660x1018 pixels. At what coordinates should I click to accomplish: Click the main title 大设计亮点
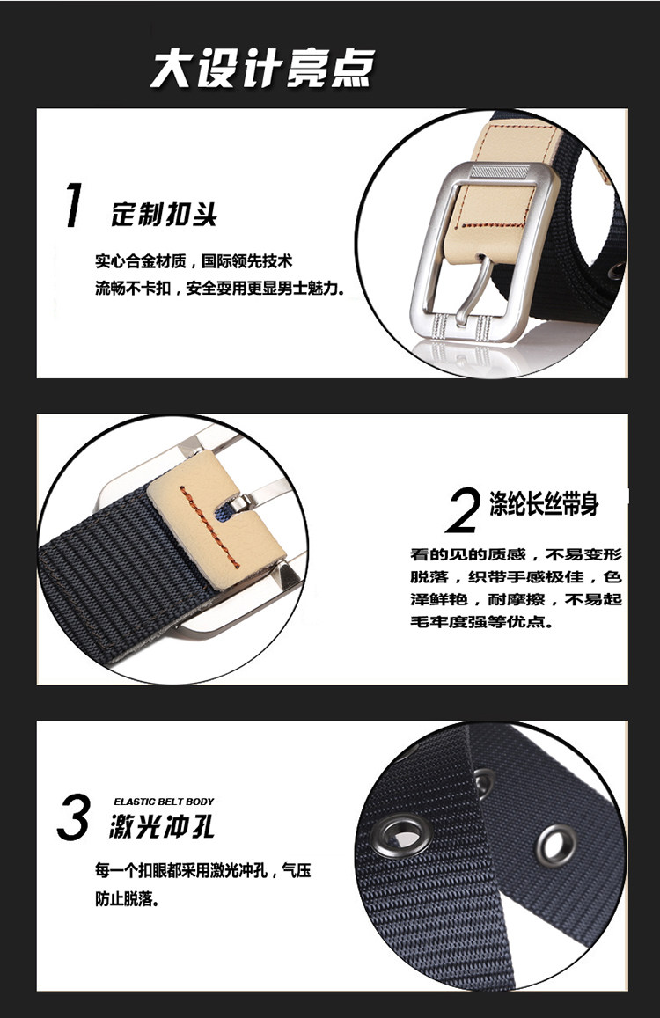point(263,68)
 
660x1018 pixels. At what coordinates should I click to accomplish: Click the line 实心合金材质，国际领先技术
point(194,261)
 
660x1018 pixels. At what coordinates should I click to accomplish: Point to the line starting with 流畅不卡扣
point(220,288)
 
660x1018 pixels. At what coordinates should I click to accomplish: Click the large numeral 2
point(464,509)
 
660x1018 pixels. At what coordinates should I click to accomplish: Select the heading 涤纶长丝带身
point(545,504)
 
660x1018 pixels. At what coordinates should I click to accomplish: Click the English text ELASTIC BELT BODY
point(164,802)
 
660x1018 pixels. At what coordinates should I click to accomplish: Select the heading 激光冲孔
point(162,827)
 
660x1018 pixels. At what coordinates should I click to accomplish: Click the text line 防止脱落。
point(128,899)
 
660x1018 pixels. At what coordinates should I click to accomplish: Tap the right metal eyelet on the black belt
point(556,846)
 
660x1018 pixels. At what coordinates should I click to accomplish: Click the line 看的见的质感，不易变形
point(516,554)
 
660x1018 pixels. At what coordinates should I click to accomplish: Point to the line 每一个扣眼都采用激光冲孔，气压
point(202,870)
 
